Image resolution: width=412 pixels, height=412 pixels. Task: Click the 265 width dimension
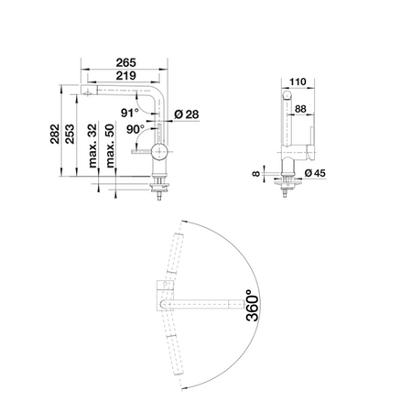click(125, 63)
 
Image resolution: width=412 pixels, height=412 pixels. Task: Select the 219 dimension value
click(125, 76)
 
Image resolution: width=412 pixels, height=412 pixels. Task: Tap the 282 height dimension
click(55, 134)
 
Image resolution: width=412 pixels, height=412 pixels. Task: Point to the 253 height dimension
click(70, 134)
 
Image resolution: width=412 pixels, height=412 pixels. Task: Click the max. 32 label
click(92, 146)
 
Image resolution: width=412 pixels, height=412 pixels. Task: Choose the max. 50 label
click(110, 146)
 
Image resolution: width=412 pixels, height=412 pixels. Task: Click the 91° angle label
click(130, 113)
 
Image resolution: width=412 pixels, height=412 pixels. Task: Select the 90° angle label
click(136, 129)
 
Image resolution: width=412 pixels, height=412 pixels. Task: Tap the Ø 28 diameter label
click(187, 114)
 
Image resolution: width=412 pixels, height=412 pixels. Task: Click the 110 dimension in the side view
click(298, 81)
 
